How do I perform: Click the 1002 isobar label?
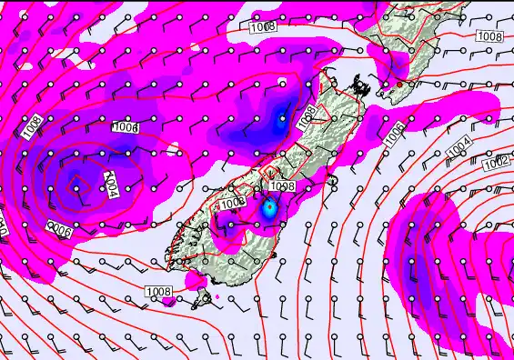pos(497,163)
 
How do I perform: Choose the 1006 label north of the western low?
pos(126,128)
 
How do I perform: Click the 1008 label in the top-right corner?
pos(489,36)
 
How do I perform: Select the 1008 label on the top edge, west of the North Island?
pos(265,27)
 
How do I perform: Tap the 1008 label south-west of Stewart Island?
pos(157,292)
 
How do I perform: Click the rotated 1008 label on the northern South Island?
pos(308,114)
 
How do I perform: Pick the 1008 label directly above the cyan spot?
pos(281,186)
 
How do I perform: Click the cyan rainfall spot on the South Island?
pos(268,208)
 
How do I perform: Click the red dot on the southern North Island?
pos(398,85)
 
